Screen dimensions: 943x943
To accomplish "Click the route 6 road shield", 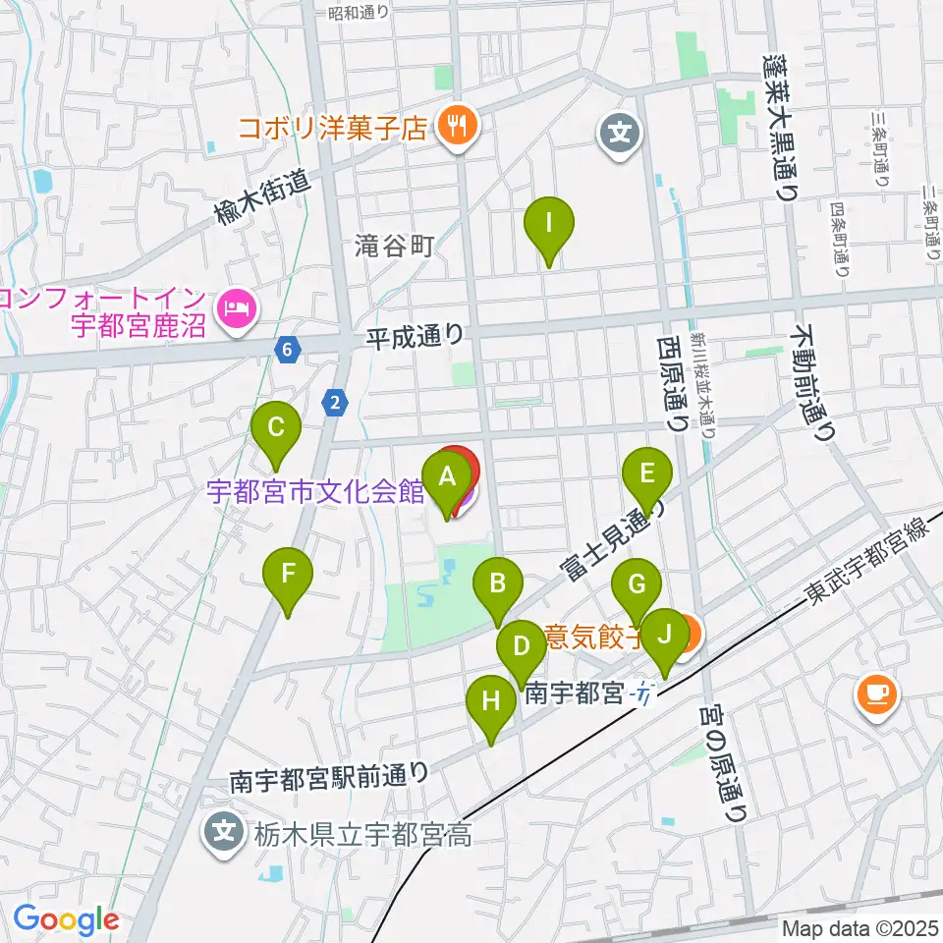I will tap(286, 350).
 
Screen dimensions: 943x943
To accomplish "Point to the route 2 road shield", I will tap(336, 401).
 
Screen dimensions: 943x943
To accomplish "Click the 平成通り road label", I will tap(415, 336).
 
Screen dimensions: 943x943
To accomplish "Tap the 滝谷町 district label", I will tap(394, 247).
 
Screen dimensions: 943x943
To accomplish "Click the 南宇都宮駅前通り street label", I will tap(329, 776).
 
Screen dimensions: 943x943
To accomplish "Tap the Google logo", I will tap(67, 920).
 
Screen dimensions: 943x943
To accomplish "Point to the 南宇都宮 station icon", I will tap(642, 694).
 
